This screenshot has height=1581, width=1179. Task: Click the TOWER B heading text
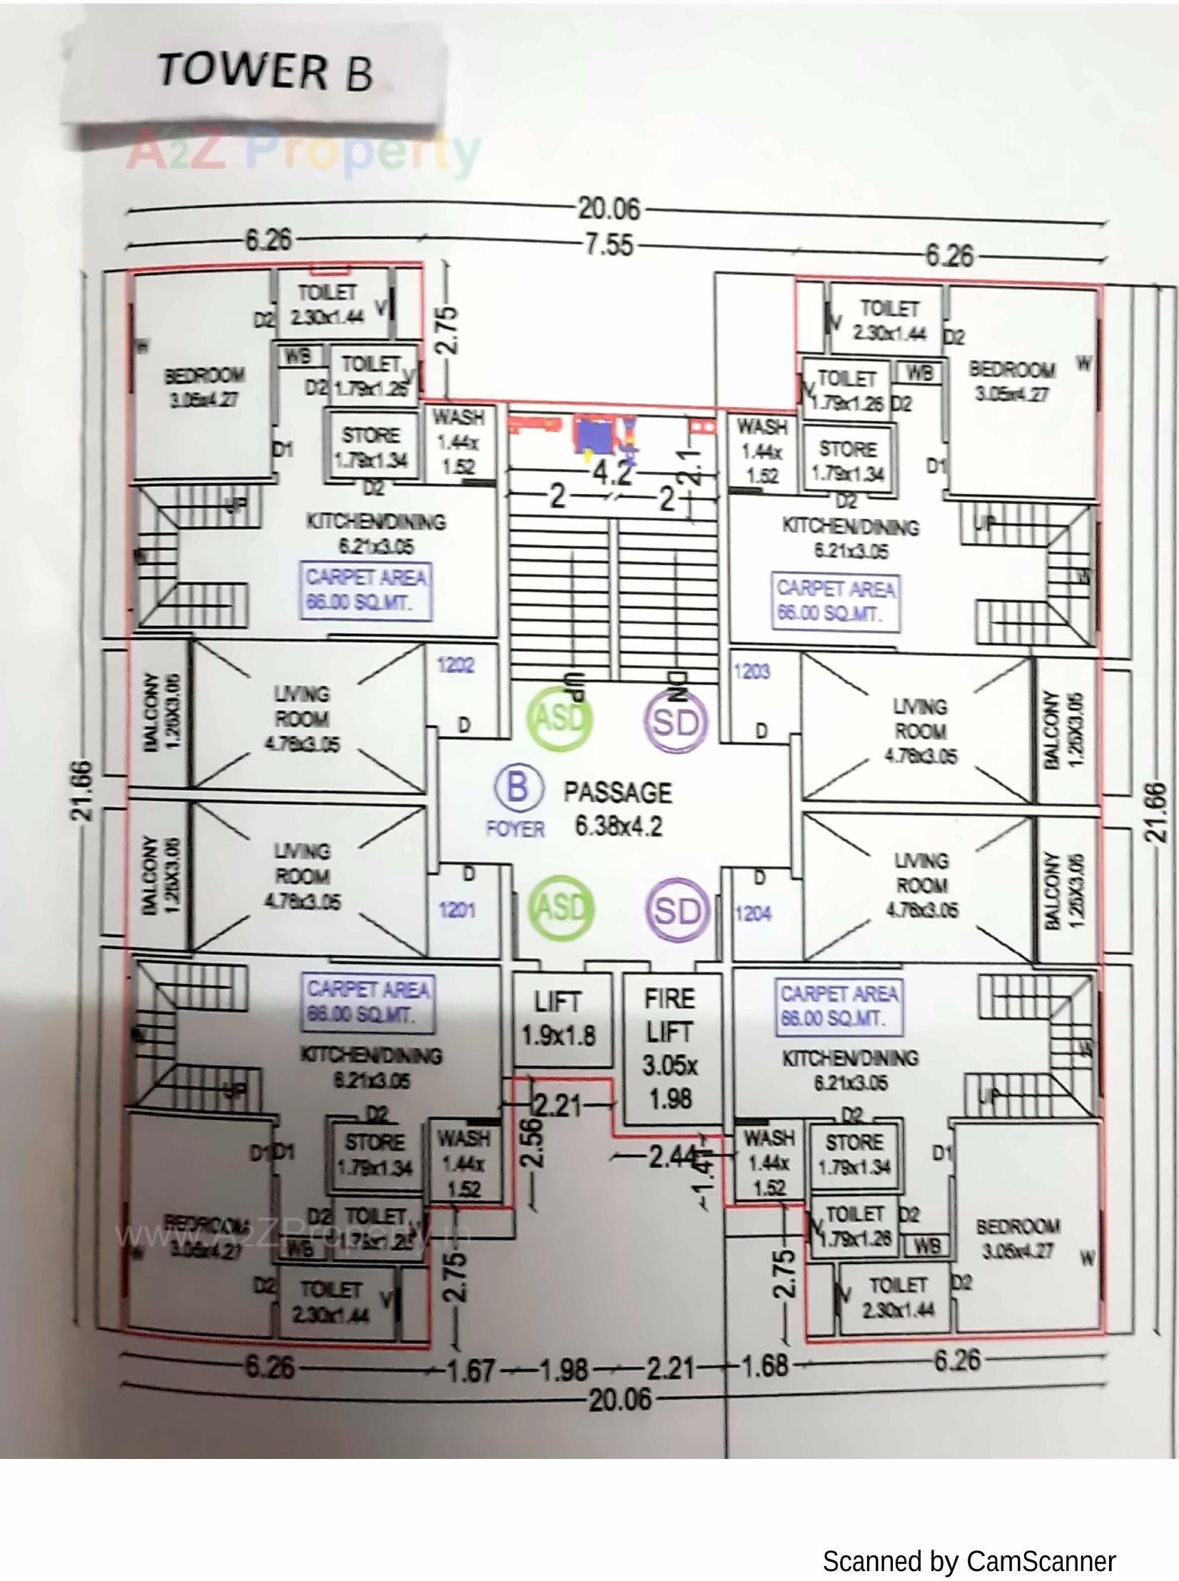pyautogui.click(x=265, y=71)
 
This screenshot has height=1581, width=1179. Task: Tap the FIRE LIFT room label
pyautogui.click(x=669, y=1049)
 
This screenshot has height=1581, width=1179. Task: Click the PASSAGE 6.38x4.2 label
pyautogui.click(x=618, y=809)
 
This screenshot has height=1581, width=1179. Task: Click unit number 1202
pyautogui.click(x=455, y=665)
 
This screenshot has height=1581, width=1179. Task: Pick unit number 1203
pyautogui.click(x=752, y=671)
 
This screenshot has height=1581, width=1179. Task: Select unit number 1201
pyautogui.click(x=457, y=910)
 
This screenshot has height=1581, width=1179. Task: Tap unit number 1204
pyautogui.click(x=753, y=913)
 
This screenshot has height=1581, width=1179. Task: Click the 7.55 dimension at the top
pyautogui.click(x=609, y=245)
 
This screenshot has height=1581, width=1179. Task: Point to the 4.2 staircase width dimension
pyautogui.click(x=612, y=473)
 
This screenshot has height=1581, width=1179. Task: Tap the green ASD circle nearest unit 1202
pyautogui.click(x=560, y=719)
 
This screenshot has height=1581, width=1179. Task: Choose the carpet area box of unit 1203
pyautogui.click(x=836, y=602)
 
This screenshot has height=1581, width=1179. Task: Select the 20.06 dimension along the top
pyautogui.click(x=609, y=209)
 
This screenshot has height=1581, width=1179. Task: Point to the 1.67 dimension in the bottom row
pyautogui.click(x=470, y=1370)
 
